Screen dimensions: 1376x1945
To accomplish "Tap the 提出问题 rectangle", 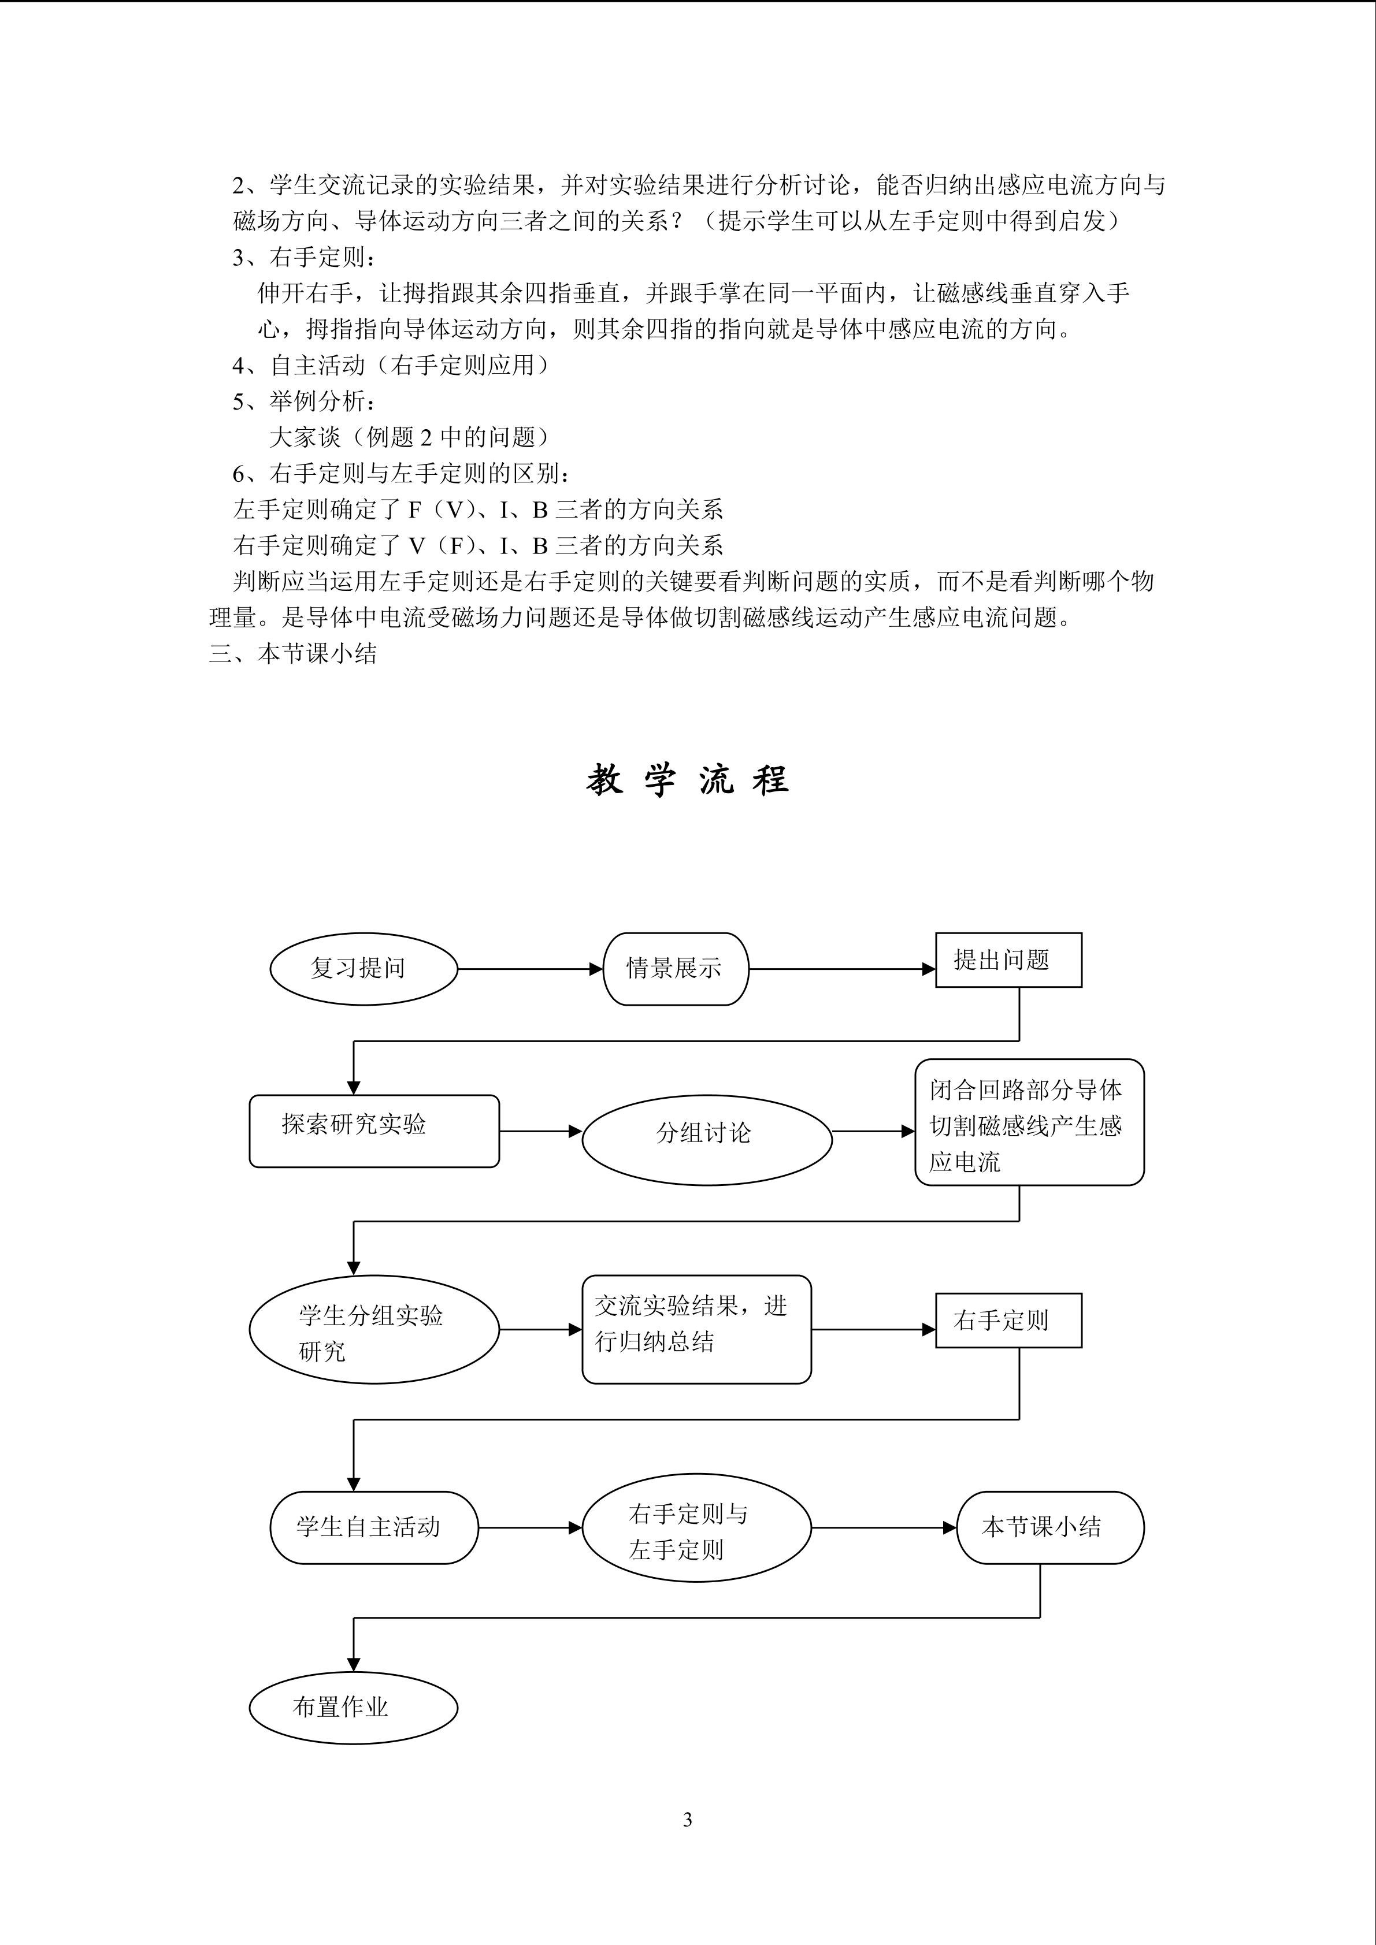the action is click(1008, 960).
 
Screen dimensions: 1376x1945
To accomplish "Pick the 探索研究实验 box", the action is click(374, 1131).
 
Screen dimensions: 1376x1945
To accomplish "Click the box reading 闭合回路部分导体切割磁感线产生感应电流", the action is click(1029, 1122).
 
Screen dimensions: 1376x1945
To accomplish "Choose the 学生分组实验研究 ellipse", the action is click(374, 1329).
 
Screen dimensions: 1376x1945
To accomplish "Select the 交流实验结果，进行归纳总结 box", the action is click(696, 1329).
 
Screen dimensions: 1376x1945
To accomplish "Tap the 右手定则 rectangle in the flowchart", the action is click(1008, 1320).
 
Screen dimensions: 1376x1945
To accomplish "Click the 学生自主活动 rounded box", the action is click(374, 1527).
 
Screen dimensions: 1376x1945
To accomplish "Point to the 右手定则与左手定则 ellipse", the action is click(696, 1527).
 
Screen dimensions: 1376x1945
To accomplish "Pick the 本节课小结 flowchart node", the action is click(1050, 1527).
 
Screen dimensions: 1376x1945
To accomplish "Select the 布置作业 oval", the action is click(353, 1708).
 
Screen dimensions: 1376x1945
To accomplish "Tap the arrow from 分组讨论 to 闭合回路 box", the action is click(874, 1132).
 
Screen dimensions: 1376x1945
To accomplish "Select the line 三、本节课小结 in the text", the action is click(293, 654).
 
